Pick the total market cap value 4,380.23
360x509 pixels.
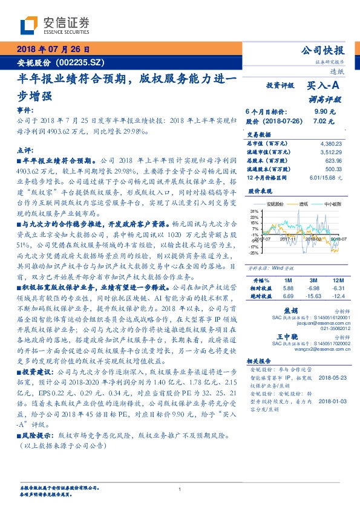[330, 143]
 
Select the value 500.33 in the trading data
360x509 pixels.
[333, 170]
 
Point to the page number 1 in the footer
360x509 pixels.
[180, 489]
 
